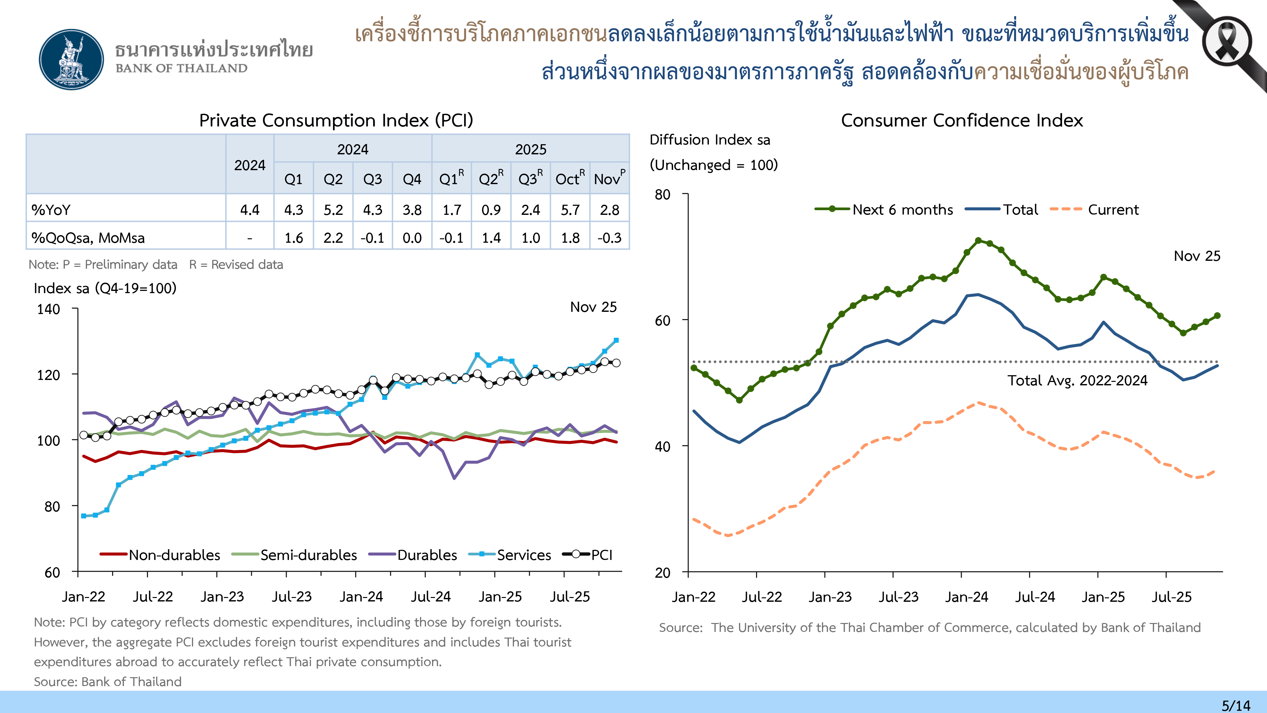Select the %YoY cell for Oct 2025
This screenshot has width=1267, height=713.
click(570, 210)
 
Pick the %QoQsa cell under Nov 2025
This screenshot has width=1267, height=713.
click(609, 238)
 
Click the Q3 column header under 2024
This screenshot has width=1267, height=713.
click(372, 179)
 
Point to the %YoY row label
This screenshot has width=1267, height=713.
click(51, 210)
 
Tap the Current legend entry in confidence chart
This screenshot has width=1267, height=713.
click(1112, 209)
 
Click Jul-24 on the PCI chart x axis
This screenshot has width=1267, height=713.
click(431, 597)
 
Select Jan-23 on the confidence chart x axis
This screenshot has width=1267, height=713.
click(830, 597)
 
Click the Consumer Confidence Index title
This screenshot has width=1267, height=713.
click(962, 120)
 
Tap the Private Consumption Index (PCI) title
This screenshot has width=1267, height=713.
click(336, 120)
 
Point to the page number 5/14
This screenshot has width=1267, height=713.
click(1236, 705)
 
